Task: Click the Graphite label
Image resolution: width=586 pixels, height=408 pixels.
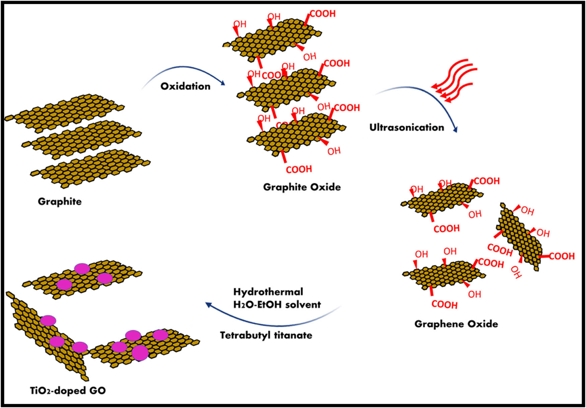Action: click(x=60, y=201)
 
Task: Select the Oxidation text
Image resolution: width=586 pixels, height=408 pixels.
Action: click(x=186, y=86)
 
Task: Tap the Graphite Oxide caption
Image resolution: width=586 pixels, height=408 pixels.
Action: click(x=302, y=187)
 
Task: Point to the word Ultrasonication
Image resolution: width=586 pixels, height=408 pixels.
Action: click(x=407, y=128)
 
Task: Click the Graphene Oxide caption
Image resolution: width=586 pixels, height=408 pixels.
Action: click(x=456, y=324)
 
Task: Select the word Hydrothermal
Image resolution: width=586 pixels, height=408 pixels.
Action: click(x=268, y=292)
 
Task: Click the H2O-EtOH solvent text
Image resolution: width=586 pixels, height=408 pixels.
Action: click(x=277, y=305)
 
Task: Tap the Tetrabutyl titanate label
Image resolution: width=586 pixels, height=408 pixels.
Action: click(x=266, y=335)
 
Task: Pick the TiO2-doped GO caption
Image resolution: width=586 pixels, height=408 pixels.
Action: click(x=68, y=391)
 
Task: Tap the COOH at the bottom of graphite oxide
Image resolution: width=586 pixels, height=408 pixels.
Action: click(x=299, y=169)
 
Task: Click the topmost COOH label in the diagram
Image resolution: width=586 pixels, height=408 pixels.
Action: click(x=322, y=14)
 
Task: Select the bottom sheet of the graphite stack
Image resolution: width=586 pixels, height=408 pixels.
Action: click(x=90, y=167)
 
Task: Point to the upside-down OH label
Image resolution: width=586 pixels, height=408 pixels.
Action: click(x=516, y=272)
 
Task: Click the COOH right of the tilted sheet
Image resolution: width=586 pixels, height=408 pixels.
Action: click(x=562, y=256)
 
